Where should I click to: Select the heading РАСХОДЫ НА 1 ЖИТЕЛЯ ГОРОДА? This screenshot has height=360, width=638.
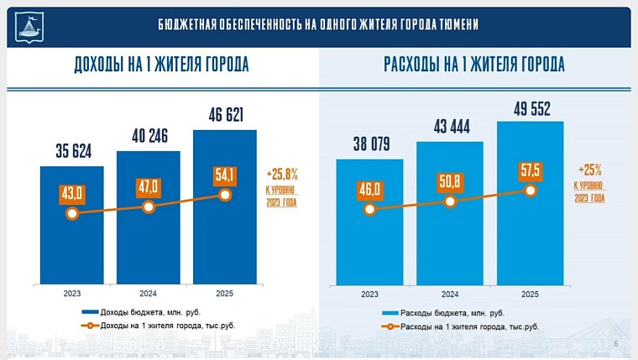(x=473, y=65)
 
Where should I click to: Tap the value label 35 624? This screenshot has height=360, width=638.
(x=72, y=152)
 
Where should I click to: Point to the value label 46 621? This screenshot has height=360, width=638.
(x=224, y=115)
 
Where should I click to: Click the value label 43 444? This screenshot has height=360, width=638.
(x=449, y=127)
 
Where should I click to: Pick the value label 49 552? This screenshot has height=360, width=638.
(x=529, y=107)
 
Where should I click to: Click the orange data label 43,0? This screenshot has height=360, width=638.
(x=72, y=192)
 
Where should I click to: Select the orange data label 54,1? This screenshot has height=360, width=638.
(x=225, y=174)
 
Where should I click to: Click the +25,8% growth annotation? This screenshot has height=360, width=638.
(x=281, y=174)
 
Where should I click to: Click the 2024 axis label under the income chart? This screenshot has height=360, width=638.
(x=148, y=295)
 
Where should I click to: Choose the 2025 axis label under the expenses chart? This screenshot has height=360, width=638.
(x=530, y=295)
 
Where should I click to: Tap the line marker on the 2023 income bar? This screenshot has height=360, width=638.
(x=72, y=213)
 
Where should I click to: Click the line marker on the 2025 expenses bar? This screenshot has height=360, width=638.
(x=530, y=190)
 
